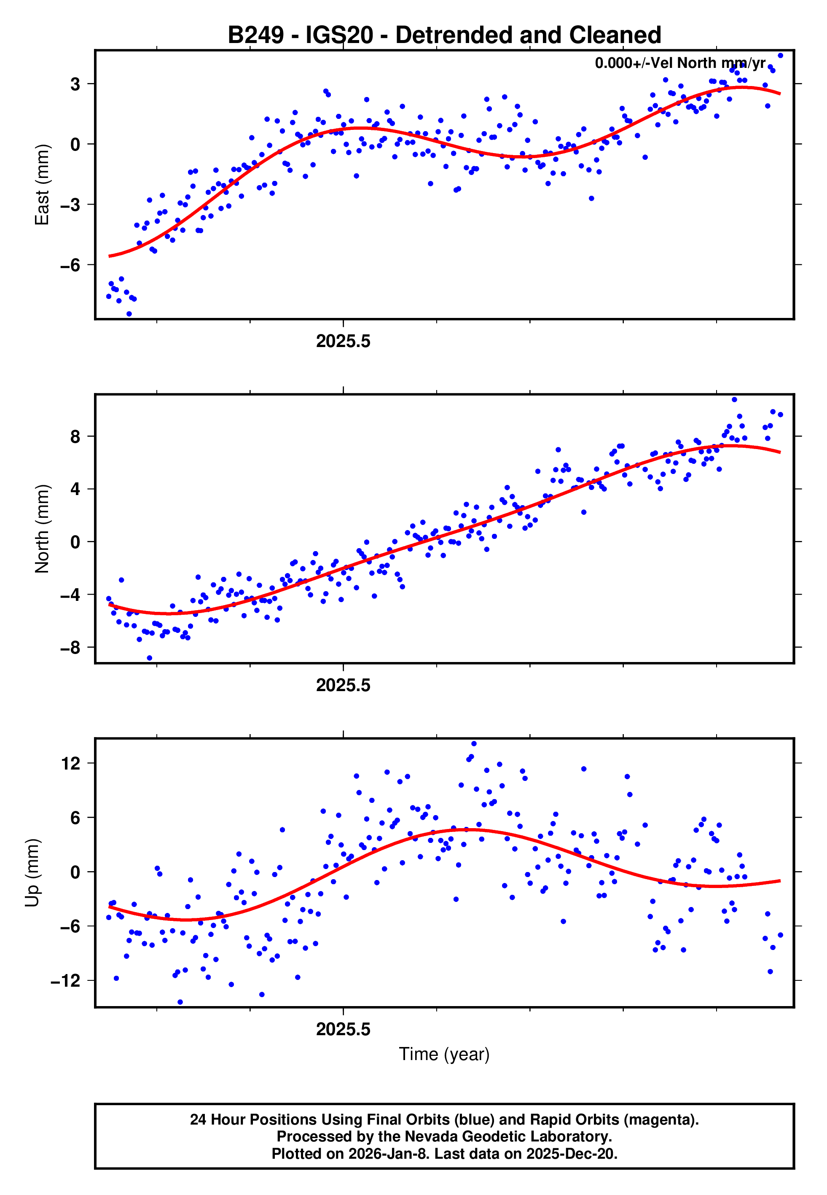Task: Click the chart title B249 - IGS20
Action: (x=444, y=35)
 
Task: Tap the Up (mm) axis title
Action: (x=32, y=872)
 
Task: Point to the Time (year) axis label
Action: (x=444, y=1055)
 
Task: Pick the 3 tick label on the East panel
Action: (x=75, y=84)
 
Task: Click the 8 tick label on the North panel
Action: (x=75, y=437)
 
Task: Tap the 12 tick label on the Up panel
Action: (x=70, y=763)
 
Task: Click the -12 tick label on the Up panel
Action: (x=65, y=980)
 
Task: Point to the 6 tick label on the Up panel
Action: (x=75, y=818)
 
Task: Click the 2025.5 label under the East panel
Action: (x=343, y=342)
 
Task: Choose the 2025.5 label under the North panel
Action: (x=343, y=685)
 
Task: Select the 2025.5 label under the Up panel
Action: (x=343, y=1029)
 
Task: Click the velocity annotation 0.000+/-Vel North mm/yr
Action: (x=680, y=63)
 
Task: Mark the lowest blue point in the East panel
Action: (x=129, y=314)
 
